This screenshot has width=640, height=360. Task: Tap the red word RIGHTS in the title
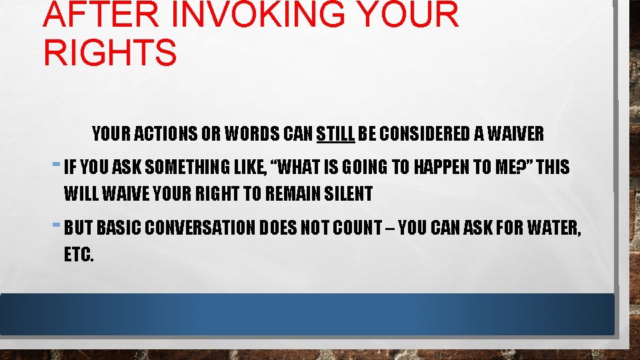coord(110,53)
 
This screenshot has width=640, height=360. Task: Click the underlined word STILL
coord(336,134)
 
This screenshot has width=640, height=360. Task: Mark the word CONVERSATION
coord(200,228)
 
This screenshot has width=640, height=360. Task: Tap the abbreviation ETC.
coord(79,255)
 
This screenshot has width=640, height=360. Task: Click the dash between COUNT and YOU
coord(394,228)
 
